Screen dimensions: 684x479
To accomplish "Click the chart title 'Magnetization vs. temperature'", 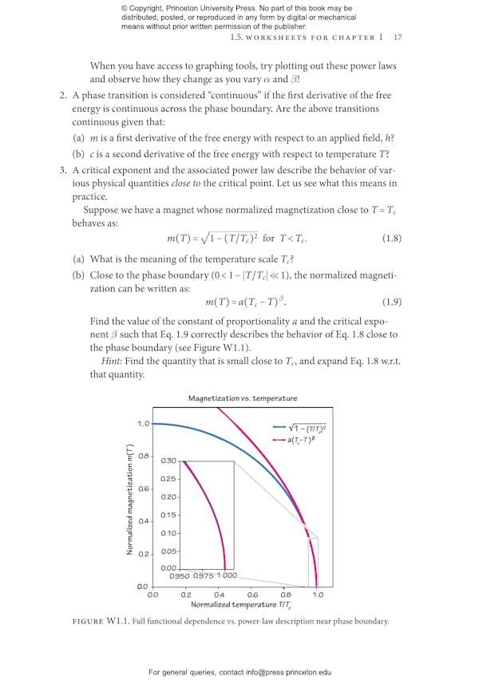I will point(243,397).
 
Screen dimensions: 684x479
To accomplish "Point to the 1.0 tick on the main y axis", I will point(143,424).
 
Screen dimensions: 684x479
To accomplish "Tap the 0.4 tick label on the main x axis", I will point(219,594).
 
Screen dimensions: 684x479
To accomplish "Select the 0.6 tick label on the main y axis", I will point(143,488).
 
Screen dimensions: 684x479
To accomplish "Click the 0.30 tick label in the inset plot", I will point(168,461).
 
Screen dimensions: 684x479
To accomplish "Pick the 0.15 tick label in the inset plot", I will point(168,515).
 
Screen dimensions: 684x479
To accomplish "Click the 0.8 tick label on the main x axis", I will point(285,594).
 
